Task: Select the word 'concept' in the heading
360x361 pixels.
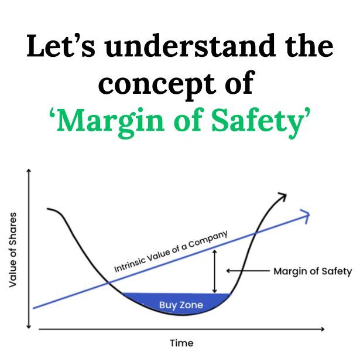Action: click(x=153, y=83)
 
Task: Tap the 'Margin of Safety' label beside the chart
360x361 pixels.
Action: click(x=312, y=271)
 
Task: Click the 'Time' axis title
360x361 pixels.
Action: click(x=181, y=343)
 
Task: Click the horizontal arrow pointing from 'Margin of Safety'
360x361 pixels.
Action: click(x=246, y=271)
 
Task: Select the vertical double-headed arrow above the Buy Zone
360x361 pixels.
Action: click(x=215, y=271)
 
